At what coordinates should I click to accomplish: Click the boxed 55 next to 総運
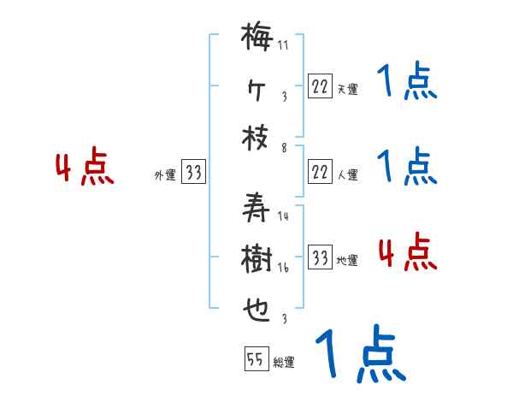click(256, 360)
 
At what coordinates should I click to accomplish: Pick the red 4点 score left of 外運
click(85, 168)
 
